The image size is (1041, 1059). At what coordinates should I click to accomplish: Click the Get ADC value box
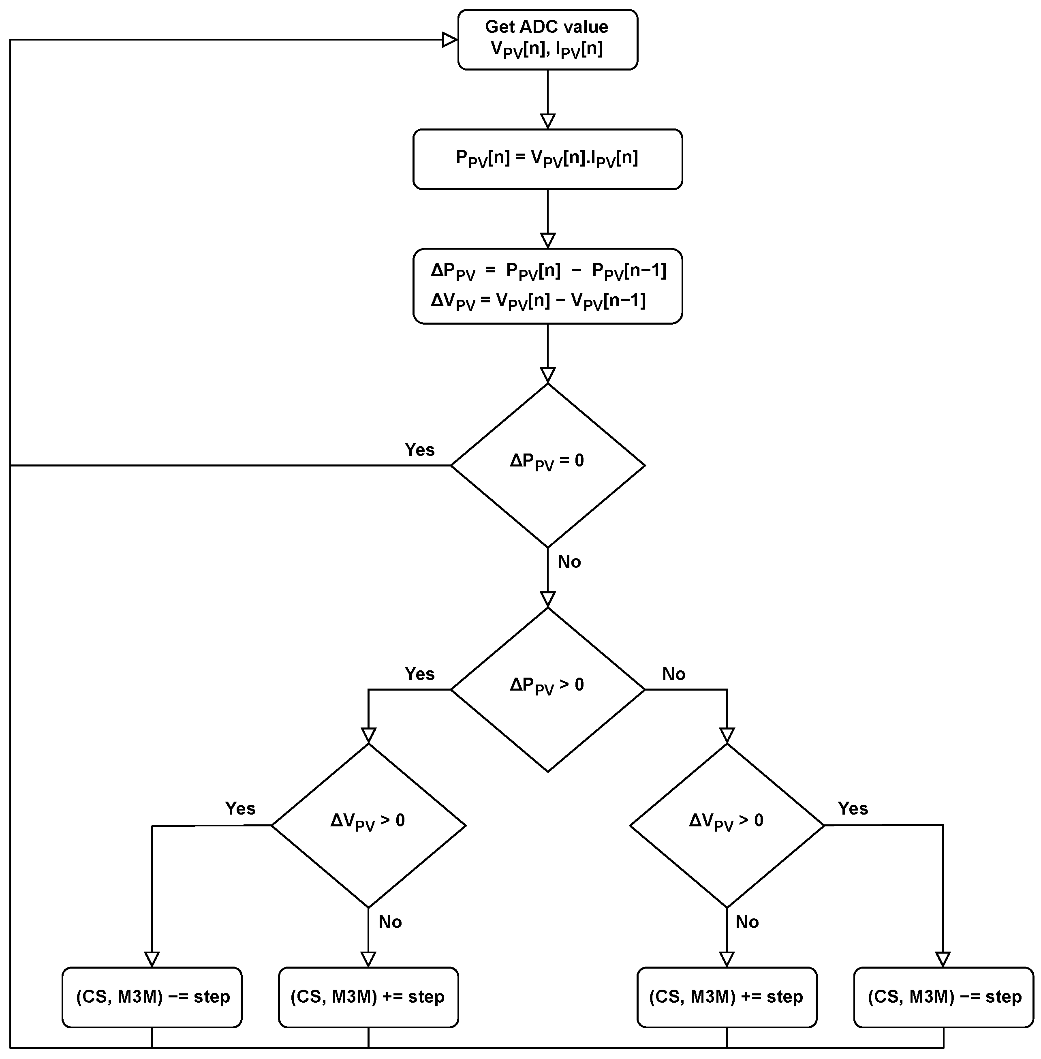click(x=547, y=39)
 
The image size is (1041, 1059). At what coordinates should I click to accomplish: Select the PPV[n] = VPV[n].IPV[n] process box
click(x=547, y=159)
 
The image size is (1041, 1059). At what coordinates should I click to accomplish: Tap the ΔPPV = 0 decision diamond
click(x=547, y=465)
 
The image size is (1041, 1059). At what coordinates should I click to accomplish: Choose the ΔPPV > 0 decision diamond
click(x=547, y=689)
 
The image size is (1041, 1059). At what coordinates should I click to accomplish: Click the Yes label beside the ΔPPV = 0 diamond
click(x=419, y=449)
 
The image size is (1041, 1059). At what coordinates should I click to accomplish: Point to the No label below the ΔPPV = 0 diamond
click(x=569, y=561)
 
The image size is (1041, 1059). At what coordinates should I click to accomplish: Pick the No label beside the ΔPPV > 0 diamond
click(x=673, y=674)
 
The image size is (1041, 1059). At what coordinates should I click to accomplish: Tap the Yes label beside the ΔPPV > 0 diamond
click(x=419, y=674)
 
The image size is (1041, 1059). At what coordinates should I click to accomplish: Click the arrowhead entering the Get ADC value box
click(x=450, y=39)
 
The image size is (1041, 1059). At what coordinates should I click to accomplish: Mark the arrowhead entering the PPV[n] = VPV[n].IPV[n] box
click(x=547, y=121)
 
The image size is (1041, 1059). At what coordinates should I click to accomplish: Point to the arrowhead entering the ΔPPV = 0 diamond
click(x=547, y=376)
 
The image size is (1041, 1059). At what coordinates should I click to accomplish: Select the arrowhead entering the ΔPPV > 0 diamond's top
click(x=547, y=600)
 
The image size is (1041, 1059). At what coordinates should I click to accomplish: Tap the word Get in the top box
click(x=499, y=27)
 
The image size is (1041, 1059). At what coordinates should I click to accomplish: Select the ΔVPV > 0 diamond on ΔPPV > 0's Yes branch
click(x=368, y=825)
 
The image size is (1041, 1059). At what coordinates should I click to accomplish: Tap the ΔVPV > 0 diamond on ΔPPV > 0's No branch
click(x=727, y=825)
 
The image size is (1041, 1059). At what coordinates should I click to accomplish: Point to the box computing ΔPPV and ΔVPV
click(x=547, y=287)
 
